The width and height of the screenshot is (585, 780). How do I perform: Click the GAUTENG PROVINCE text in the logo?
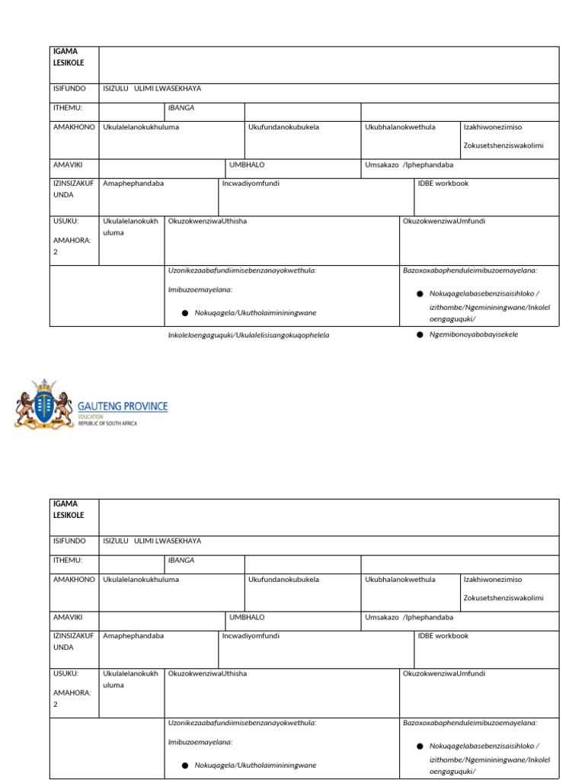[x=123, y=406]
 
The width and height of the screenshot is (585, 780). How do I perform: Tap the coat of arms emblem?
[x=44, y=403]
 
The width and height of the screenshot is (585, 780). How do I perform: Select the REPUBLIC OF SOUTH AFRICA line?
[x=107, y=424]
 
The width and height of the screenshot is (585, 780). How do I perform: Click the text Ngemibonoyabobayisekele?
[x=474, y=334]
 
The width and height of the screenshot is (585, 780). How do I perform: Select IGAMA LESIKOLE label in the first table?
[x=69, y=57]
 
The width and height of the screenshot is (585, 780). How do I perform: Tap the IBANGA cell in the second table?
[x=181, y=560]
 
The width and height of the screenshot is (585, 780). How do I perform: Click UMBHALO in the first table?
[x=247, y=165]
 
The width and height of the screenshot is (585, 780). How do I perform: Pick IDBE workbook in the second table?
[x=443, y=635]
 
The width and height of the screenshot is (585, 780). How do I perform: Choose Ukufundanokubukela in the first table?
[x=283, y=127]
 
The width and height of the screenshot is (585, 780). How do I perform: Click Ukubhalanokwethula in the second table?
[x=400, y=579]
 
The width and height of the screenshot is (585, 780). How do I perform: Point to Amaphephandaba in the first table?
[x=133, y=184]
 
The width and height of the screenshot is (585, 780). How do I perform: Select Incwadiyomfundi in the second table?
[x=251, y=635]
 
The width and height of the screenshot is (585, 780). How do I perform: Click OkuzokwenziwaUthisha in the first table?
[x=207, y=221]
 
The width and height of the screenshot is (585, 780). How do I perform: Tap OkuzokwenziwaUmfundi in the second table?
[x=443, y=673]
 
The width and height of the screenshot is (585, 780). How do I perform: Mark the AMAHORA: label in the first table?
[x=72, y=240]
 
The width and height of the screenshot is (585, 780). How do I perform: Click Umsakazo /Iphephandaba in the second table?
[x=408, y=617]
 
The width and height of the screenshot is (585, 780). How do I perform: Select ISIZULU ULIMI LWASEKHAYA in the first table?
[x=152, y=88]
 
